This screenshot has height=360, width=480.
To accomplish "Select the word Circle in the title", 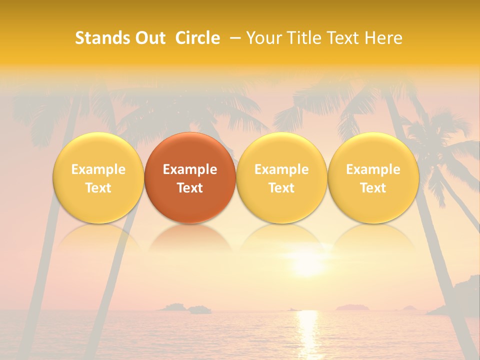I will pos(197,38).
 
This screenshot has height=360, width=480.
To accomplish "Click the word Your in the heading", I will pos(264,38).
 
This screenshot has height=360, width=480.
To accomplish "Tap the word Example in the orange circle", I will pos(190,169).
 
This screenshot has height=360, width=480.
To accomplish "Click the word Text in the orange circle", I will pos(190,188).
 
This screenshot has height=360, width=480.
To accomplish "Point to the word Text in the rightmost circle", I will pos(373,188).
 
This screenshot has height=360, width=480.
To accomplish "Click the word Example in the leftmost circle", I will pos(98,169).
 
